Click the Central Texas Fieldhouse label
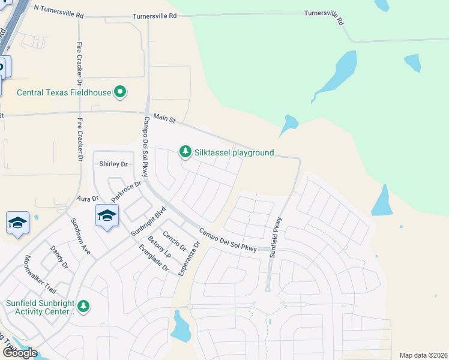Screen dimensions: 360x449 click(x=64, y=92)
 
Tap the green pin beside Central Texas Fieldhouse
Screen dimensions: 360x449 click(x=121, y=92)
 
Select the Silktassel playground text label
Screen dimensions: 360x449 click(x=235, y=152)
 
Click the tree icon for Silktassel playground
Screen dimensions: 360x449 click(x=185, y=151)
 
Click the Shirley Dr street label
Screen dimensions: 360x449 click(x=113, y=164)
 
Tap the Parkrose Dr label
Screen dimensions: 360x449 click(x=125, y=191)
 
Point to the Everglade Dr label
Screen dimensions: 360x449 click(x=153, y=257)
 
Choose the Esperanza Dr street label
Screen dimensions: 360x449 click(x=190, y=259)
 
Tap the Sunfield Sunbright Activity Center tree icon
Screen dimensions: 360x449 click(x=83, y=307)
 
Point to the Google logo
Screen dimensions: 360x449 click(x=20, y=353)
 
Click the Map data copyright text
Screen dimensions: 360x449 click(x=423, y=355)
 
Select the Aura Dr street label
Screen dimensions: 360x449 click(x=86, y=199)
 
